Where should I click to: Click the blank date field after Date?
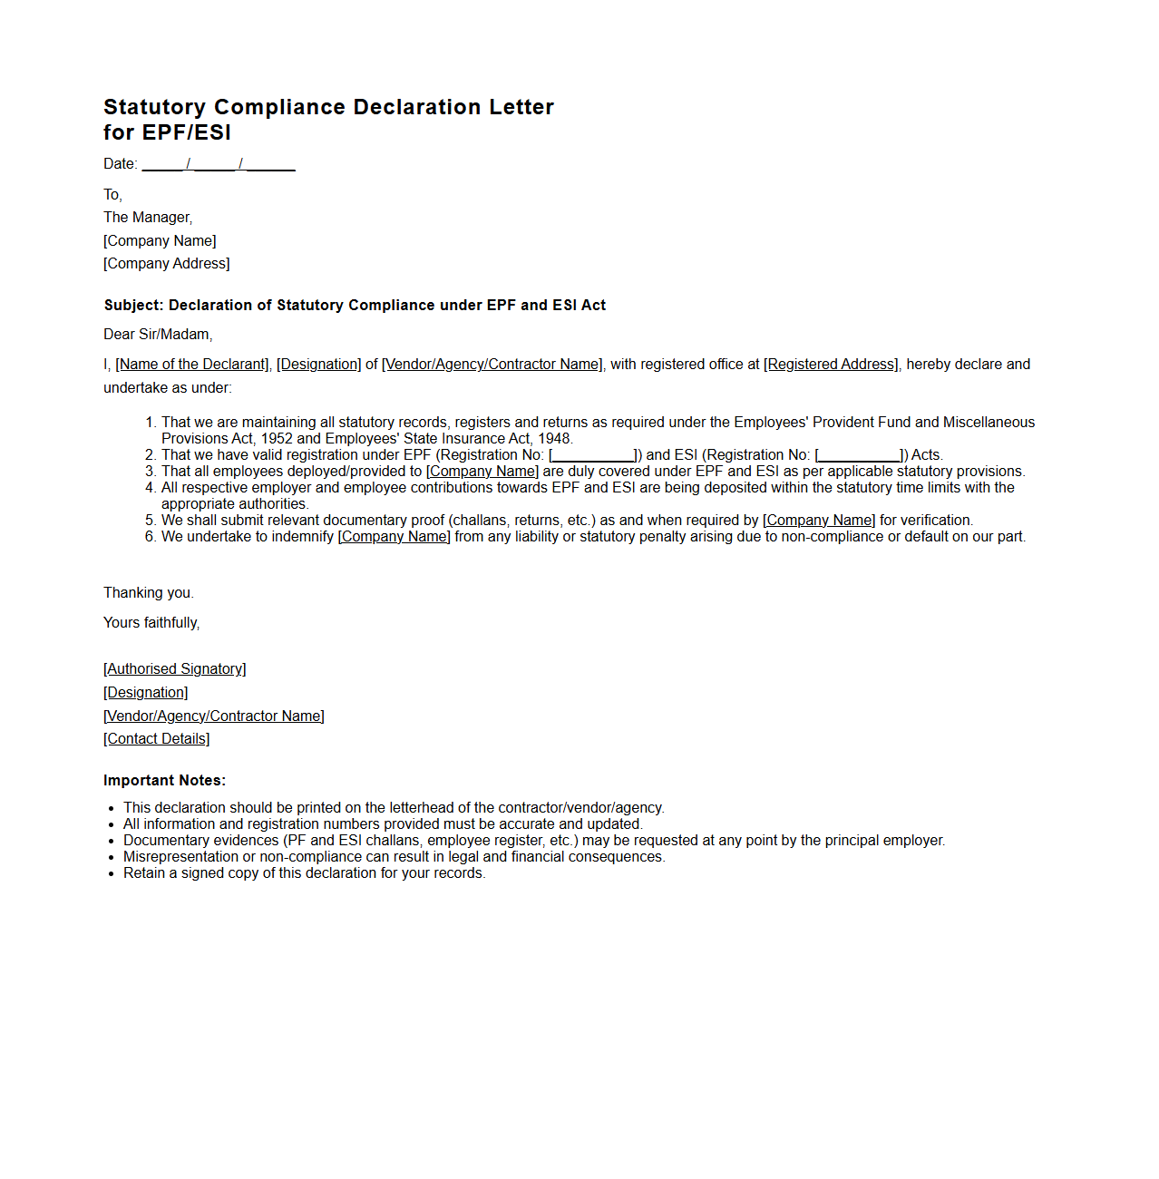pos(219,164)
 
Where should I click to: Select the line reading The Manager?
pos(148,218)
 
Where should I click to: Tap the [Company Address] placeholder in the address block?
pos(167,264)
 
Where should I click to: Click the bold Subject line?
pos(355,306)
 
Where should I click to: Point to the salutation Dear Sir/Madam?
pos(158,335)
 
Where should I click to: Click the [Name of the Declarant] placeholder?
pos(192,365)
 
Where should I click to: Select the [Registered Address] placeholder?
pos(832,365)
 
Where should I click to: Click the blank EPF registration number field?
pos(593,455)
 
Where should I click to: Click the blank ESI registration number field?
pos(859,455)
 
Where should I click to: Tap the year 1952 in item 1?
pos(277,439)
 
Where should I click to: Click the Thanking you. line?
pos(149,593)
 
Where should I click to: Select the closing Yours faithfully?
pos(151,623)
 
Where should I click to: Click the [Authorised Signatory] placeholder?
pos(175,669)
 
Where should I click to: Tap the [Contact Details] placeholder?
pos(157,739)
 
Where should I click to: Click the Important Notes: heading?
pos(164,781)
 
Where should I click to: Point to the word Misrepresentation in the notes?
pos(180,857)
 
